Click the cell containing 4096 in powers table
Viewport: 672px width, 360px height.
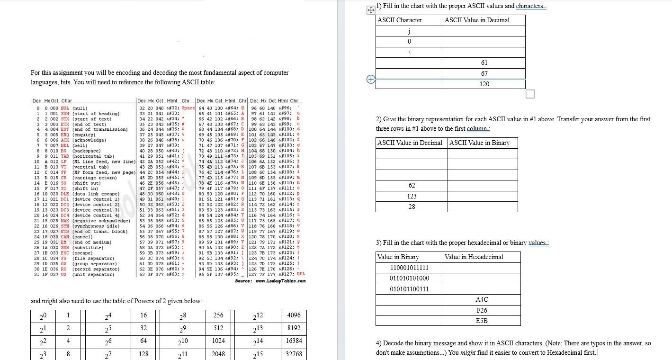point(294,315)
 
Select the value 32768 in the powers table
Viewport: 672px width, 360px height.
point(294,354)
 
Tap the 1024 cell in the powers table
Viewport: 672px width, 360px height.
point(218,341)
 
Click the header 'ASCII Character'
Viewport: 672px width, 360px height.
point(400,20)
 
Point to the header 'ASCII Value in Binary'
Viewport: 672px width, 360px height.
point(479,143)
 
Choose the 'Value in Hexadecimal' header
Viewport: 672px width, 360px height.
point(474,257)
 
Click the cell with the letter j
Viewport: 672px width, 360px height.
point(409,31)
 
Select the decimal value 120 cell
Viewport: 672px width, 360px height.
point(484,84)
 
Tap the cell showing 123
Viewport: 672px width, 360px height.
point(412,196)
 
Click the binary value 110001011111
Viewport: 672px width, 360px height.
point(409,268)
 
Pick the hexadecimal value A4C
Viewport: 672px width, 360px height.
point(482,300)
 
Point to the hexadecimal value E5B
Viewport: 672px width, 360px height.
point(482,321)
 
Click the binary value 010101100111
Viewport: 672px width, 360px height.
point(409,289)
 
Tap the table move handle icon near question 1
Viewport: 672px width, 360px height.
point(371,10)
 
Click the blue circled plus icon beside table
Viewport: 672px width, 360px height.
point(371,80)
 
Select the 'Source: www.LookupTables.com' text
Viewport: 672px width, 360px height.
point(270,281)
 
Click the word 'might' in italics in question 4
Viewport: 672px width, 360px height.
point(468,352)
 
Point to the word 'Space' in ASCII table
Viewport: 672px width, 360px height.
point(188,108)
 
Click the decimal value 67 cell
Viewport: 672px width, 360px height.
point(484,73)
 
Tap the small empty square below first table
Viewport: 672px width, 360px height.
point(530,94)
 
